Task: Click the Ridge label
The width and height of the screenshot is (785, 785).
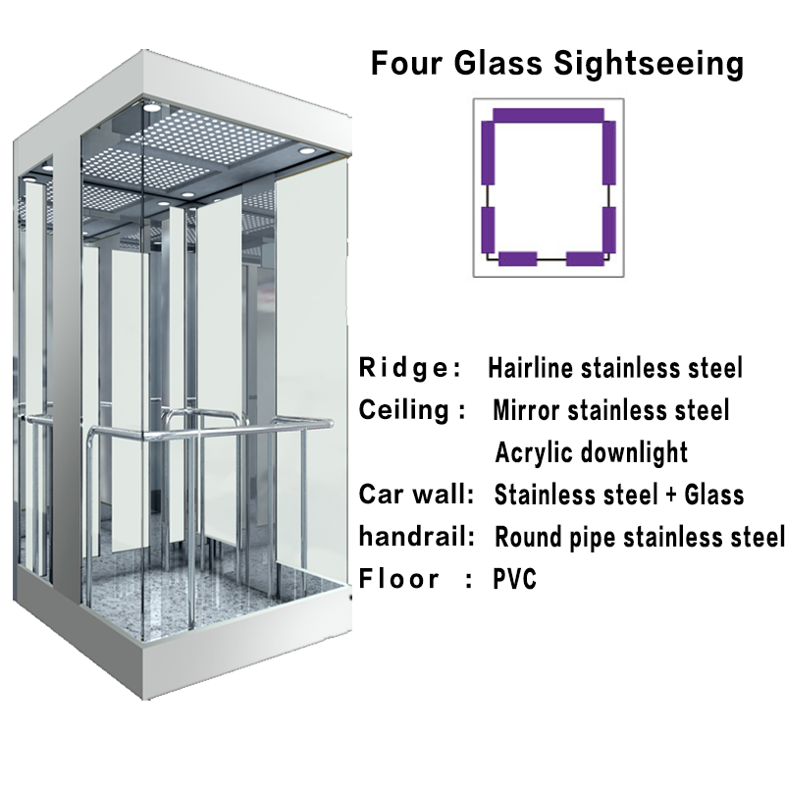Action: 410,369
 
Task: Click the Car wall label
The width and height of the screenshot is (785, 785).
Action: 417,494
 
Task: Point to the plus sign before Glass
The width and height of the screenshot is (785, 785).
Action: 668,495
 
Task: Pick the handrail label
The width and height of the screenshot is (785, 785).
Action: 417,537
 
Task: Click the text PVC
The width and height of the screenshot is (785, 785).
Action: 515,579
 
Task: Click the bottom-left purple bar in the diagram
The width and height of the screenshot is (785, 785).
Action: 517,259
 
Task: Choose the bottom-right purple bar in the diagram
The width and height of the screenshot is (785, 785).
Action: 587,259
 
